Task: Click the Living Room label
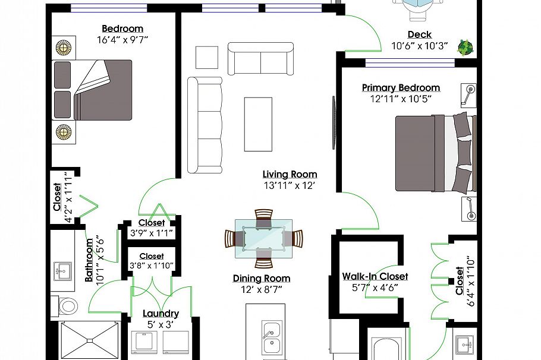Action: (x=290, y=174)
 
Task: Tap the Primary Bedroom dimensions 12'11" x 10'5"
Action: (x=401, y=99)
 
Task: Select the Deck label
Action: (x=420, y=34)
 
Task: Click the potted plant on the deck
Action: (x=465, y=48)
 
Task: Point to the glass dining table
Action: (x=263, y=238)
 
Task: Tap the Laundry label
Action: (x=161, y=314)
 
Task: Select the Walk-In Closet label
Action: (x=375, y=276)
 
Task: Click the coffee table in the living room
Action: (x=258, y=124)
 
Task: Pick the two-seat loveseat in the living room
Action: (x=260, y=59)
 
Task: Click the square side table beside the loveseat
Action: (x=207, y=58)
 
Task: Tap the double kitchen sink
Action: (x=272, y=337)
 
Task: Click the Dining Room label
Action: (x=262, y=278)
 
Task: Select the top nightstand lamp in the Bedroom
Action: (x=64, y=48)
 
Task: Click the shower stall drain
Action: (x=90, y=340)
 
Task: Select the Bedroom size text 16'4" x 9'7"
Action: (x=122, y=40)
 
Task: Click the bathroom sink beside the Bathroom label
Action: (x=62, y=271)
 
